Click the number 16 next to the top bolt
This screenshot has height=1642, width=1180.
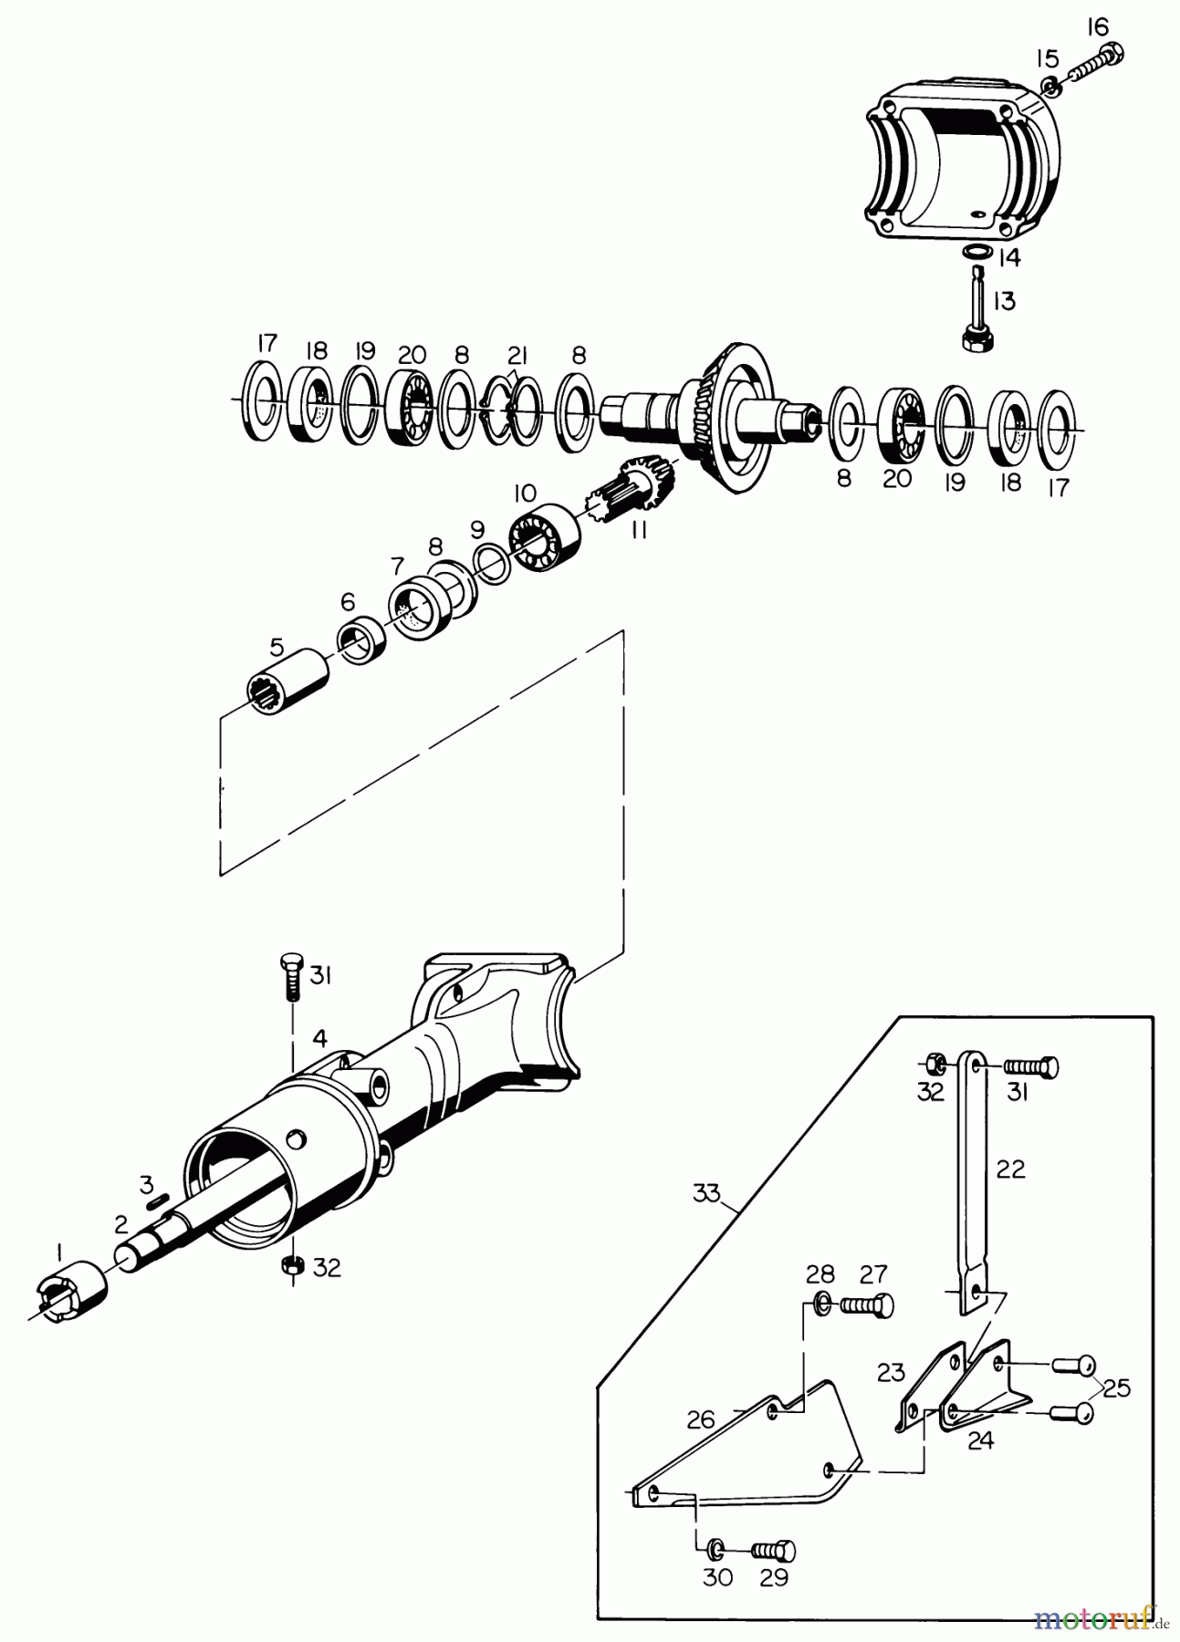[x=1098, y=28]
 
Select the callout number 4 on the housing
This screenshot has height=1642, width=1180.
[x=318, y=1038]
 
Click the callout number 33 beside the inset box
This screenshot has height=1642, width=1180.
[x=706, y=1192]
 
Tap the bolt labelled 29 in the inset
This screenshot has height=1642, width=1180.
[x=772, y=1549]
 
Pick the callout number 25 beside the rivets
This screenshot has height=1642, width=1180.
[x=1116, y=1388]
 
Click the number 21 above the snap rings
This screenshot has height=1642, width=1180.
[x=517, y=354]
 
